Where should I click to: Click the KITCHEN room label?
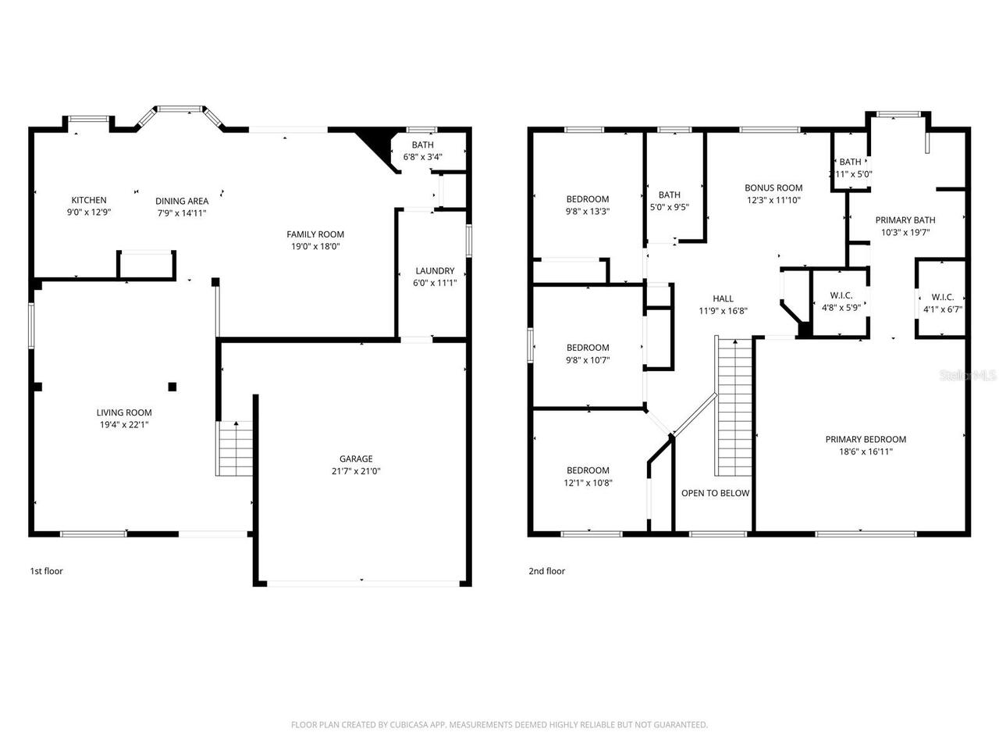[89, 200]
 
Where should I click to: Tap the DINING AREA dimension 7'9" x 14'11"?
[181, 212]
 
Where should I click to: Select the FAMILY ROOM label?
[315, 234]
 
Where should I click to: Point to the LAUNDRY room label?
[435, 271]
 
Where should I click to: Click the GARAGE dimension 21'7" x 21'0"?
[355, 471]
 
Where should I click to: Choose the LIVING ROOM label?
[124, 412]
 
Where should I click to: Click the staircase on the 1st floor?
[235, 448]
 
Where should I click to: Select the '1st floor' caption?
[46, 571]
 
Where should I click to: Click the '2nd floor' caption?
[546, 571]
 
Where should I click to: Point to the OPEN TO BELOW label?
[715, 493]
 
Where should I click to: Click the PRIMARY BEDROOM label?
[866, 439]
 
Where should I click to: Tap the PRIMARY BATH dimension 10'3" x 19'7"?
[905, 232]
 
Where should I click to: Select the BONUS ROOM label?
[773, 187]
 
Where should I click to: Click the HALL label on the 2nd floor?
[723, 298]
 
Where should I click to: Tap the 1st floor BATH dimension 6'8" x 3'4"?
[422, 157]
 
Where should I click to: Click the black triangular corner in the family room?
[375, 141]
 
